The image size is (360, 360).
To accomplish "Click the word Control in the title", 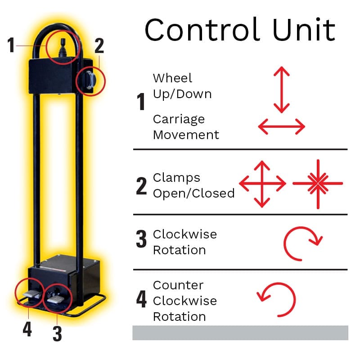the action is point(202,29).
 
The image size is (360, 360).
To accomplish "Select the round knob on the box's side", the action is point(91,81).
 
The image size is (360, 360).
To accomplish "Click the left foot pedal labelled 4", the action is point(31,294).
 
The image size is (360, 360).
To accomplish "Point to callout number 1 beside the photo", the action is point(11,45).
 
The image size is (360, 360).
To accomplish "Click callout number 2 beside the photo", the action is point(99,46).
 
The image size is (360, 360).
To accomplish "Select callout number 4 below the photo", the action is point(27,329).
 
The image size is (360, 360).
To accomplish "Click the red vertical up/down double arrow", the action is point(282,90).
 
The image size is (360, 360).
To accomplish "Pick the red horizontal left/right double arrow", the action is point(282,126).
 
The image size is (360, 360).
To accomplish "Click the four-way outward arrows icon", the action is point(262,184).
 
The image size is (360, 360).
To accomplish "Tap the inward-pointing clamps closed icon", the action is point(318,184).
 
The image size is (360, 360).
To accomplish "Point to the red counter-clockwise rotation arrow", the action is point(276,300).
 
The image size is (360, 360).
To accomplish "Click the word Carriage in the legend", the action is point(179,120).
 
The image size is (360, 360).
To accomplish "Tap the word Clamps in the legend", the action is point(176,178).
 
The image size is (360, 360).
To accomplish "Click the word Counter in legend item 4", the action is point(178,285).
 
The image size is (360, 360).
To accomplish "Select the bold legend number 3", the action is point(141,239).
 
